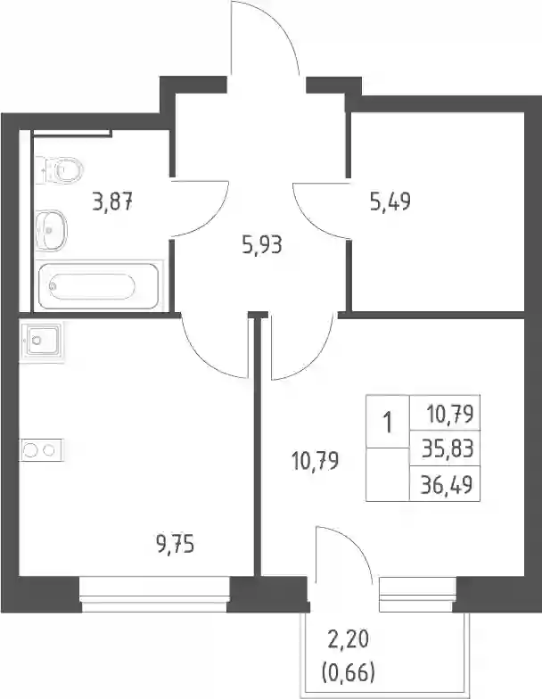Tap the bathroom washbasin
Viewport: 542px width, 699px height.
(51, 230)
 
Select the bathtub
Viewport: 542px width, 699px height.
(98, 286)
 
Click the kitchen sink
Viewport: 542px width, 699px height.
(41, 341)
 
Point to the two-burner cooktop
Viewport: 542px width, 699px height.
(41, 450)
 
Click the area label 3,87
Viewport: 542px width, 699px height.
(112, 202)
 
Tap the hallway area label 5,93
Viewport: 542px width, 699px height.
(262, 245)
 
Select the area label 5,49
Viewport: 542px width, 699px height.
(390, 201)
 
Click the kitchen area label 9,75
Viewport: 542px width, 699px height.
(176, 545)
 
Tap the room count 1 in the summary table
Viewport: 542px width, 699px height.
(388, 422)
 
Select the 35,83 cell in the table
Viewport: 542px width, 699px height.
(448, 448)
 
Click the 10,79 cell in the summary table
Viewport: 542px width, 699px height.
(449, 414)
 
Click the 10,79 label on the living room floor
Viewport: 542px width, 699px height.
(315, 460)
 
